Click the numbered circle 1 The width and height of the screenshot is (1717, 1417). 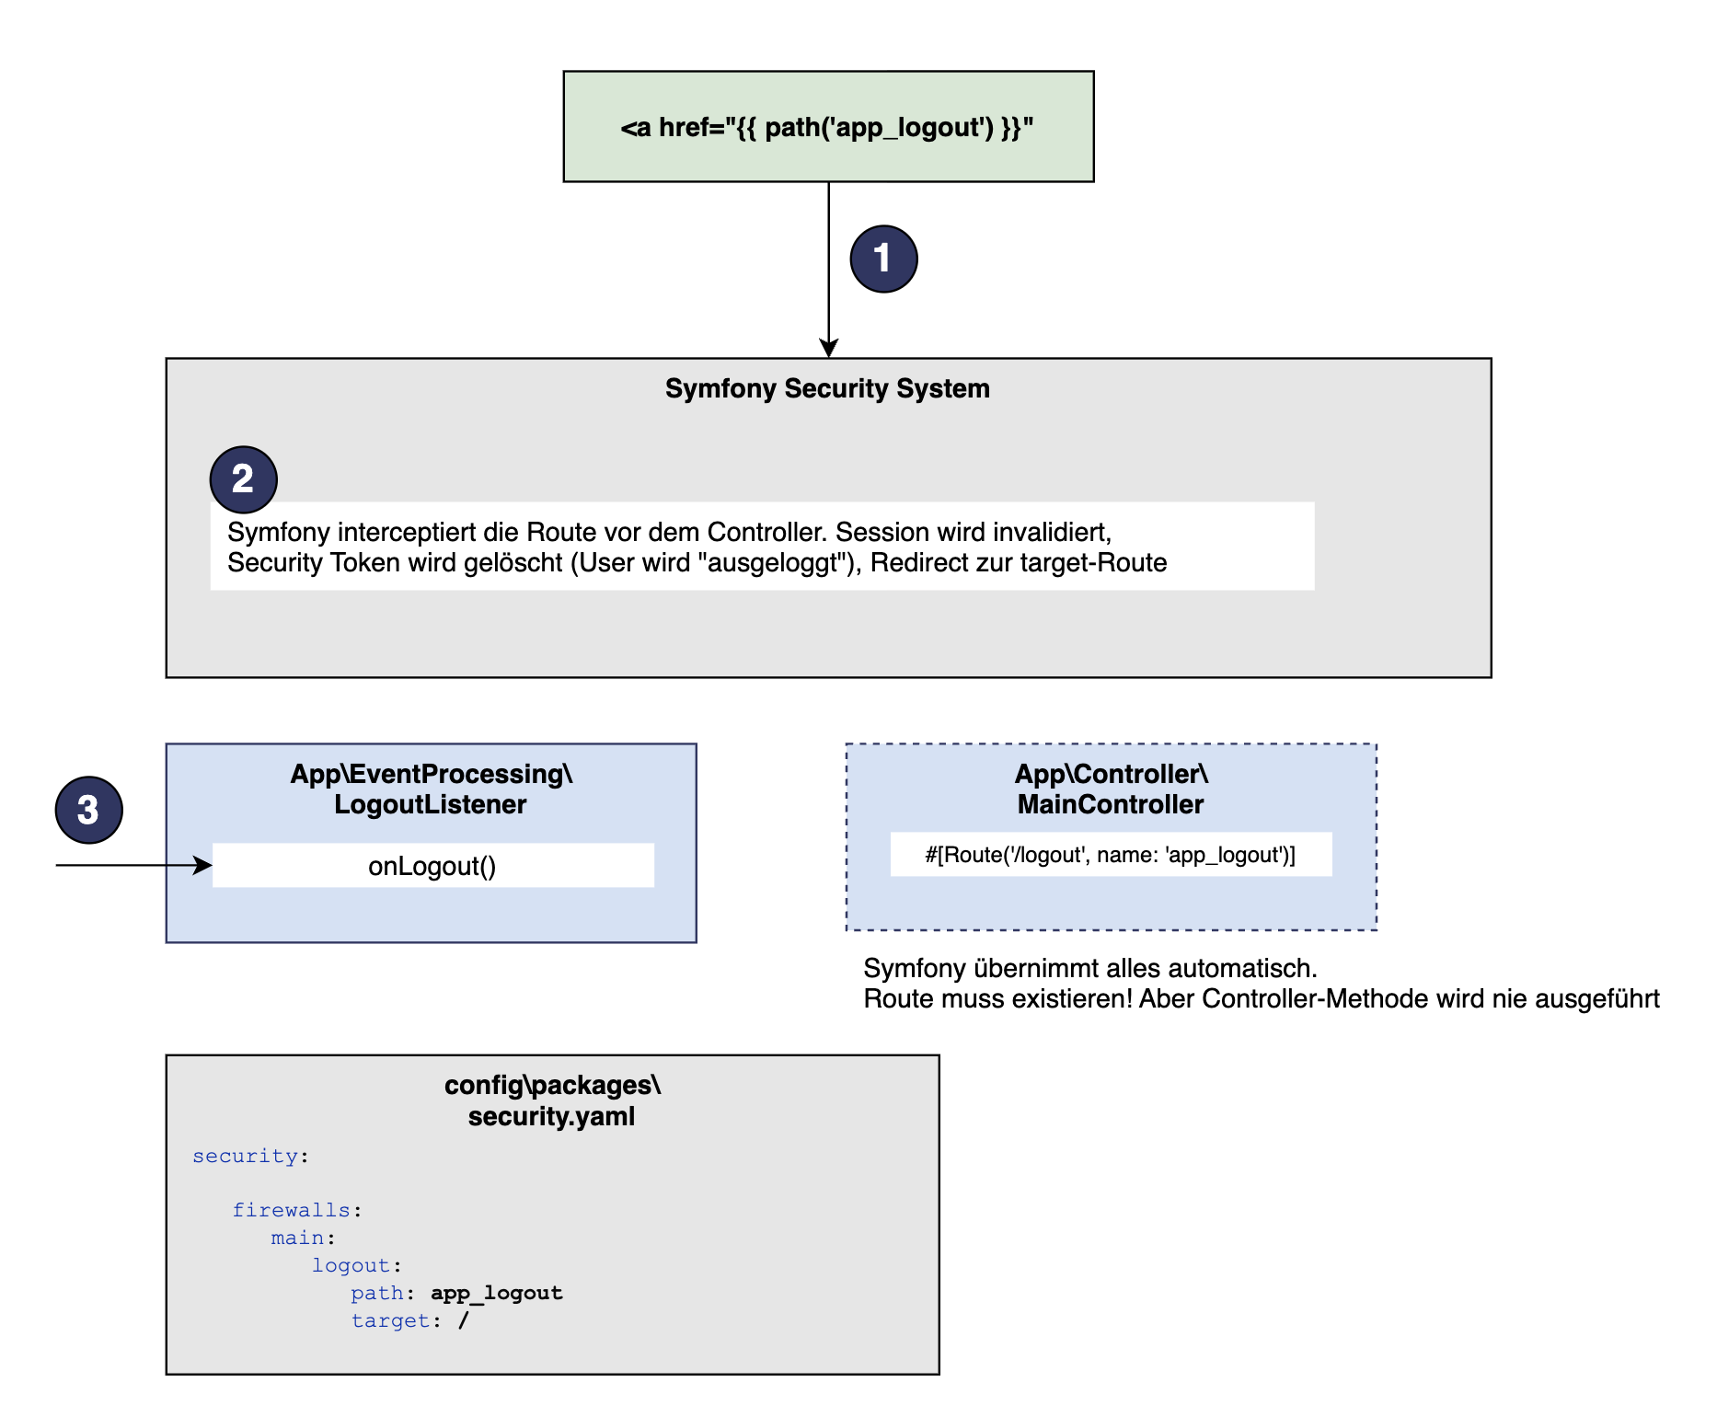[883, 259]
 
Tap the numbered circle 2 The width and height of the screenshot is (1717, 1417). [243, 479]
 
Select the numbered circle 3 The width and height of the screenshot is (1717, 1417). [88, 810]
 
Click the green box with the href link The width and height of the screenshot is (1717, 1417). [828, 126]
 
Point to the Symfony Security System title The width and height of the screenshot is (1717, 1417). [827, 388]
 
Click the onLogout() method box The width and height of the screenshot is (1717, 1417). [432, 865]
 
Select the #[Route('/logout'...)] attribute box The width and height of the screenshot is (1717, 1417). [1111, 854]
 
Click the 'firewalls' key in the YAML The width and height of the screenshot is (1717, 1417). [291, 1210]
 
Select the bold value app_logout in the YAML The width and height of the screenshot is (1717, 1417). [497, 1293]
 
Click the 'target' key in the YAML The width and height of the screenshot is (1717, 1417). [390, 1320]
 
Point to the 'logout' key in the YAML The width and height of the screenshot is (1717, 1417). [351, 1265]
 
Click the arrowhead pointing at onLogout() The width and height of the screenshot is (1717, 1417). [203, 865]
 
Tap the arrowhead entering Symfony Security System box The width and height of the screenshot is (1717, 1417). [829, 349]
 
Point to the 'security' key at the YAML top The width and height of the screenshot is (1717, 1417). [245, 1157]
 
